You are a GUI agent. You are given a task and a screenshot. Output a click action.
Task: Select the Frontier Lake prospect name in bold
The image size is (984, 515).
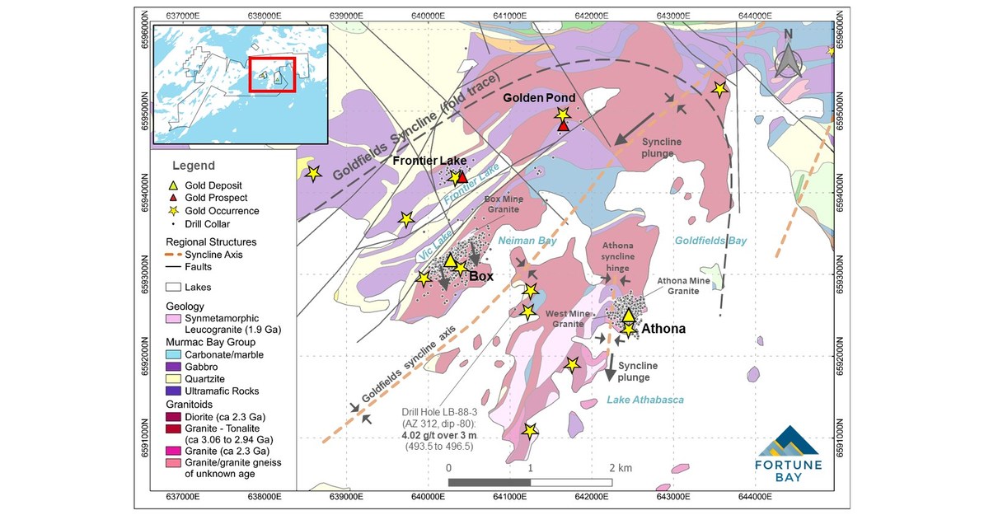click(x=429, y=160)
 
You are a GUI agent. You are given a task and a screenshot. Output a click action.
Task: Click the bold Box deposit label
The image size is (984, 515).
click(x=481, y=277)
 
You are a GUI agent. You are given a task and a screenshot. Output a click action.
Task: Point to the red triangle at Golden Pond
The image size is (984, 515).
click(x=563, y=126)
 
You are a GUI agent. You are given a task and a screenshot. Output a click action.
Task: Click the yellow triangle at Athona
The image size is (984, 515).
click(x=628, y=316)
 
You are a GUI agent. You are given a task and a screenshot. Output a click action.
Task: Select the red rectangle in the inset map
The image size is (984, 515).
click(x=272, y=74)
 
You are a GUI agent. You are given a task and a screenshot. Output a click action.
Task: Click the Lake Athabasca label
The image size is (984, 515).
click(x=645, y=400)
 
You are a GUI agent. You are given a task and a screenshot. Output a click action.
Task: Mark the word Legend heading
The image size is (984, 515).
click(x=194, y=166)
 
